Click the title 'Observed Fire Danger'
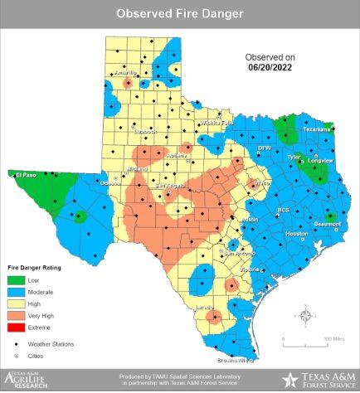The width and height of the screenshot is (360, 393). (179, 14)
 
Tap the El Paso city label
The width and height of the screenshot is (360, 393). (24, 175)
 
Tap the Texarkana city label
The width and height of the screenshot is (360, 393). (315, 129)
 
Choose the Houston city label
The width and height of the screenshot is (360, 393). (296, 234)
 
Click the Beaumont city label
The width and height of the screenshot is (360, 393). (326, 225)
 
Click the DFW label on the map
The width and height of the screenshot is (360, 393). (264, 148)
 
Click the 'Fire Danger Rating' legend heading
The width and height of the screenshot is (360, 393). (34, 268)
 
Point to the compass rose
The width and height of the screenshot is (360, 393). (306, 316)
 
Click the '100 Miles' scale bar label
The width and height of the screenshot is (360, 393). (334, 339)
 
